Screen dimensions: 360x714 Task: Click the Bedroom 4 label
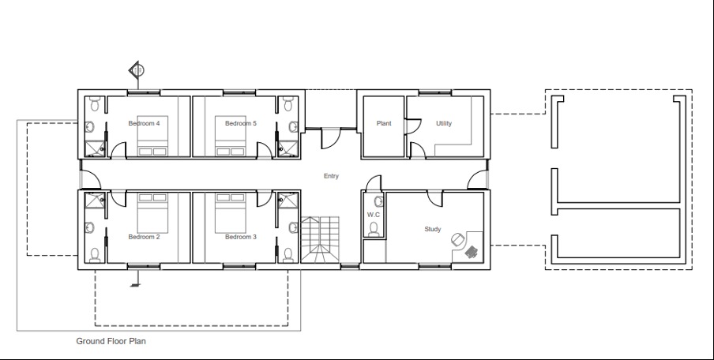click(x=145, y=123)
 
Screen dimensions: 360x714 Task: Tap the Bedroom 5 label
click(x=241, y=123)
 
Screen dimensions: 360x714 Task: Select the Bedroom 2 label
click(x=145, y=237)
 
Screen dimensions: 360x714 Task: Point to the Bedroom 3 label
click(x=241, y=237)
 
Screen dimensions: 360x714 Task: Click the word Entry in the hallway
click(x=331, y=176)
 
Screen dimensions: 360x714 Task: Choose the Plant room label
click(x=384, y=123)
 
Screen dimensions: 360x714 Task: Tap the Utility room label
click(x=444, y=123)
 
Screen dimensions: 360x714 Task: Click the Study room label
click(x=433, y=229)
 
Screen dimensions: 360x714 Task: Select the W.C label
click(x=374, y=215)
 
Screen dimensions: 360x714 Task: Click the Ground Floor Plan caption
click(x=111, y=342)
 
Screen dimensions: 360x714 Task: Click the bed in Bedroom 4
click(x=152, y=141)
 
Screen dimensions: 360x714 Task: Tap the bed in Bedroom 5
click(x=231, y=141)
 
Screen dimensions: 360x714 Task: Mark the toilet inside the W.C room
click(x=374, y=228)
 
